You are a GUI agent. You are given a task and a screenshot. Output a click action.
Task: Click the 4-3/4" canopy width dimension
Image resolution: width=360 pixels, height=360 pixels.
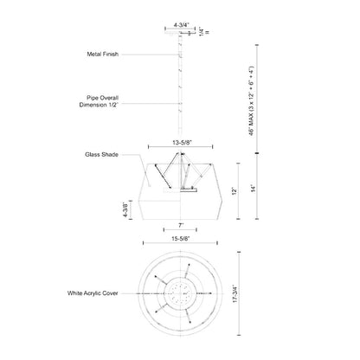pos(181,25)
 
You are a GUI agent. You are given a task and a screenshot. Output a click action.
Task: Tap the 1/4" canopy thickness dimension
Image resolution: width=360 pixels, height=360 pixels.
pos(202,31)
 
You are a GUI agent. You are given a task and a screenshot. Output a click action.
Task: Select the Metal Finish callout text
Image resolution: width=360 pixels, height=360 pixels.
pos(103,54)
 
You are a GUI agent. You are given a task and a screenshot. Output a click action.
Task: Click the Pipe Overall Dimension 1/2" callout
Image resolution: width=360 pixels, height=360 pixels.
pos(99,101)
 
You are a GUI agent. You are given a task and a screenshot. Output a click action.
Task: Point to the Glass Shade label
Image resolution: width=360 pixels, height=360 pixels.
pos(101,155)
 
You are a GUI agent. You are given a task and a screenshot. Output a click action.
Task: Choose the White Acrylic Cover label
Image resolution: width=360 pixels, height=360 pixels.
pos(93,293)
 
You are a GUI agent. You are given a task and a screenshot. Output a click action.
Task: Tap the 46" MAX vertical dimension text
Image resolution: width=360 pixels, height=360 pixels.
pos(252,101)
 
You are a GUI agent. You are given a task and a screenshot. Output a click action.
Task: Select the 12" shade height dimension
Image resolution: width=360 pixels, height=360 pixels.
pos(235,191)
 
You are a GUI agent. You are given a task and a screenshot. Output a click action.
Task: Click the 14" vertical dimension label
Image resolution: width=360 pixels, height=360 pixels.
pos(254,189)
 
